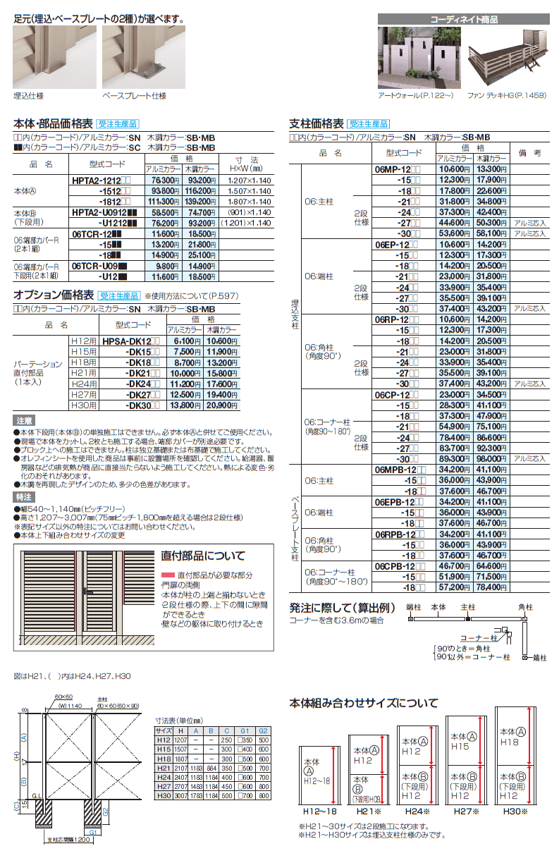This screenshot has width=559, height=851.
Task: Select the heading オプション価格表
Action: point(54,295)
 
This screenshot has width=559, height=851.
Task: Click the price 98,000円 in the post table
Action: point(491,457)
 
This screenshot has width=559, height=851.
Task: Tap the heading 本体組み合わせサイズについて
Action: point(364,702)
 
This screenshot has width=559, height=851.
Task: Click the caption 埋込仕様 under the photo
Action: point(27,95)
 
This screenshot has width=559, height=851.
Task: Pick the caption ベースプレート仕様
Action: point(134,95)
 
